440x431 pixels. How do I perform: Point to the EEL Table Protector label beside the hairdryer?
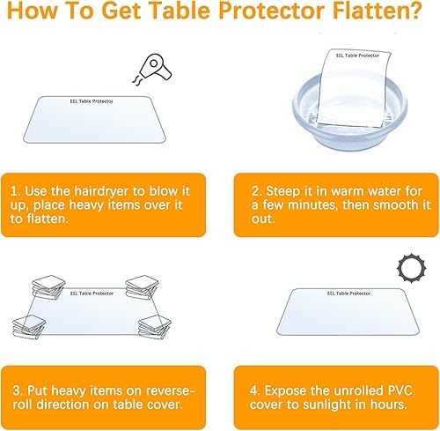(x=97, y=100)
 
